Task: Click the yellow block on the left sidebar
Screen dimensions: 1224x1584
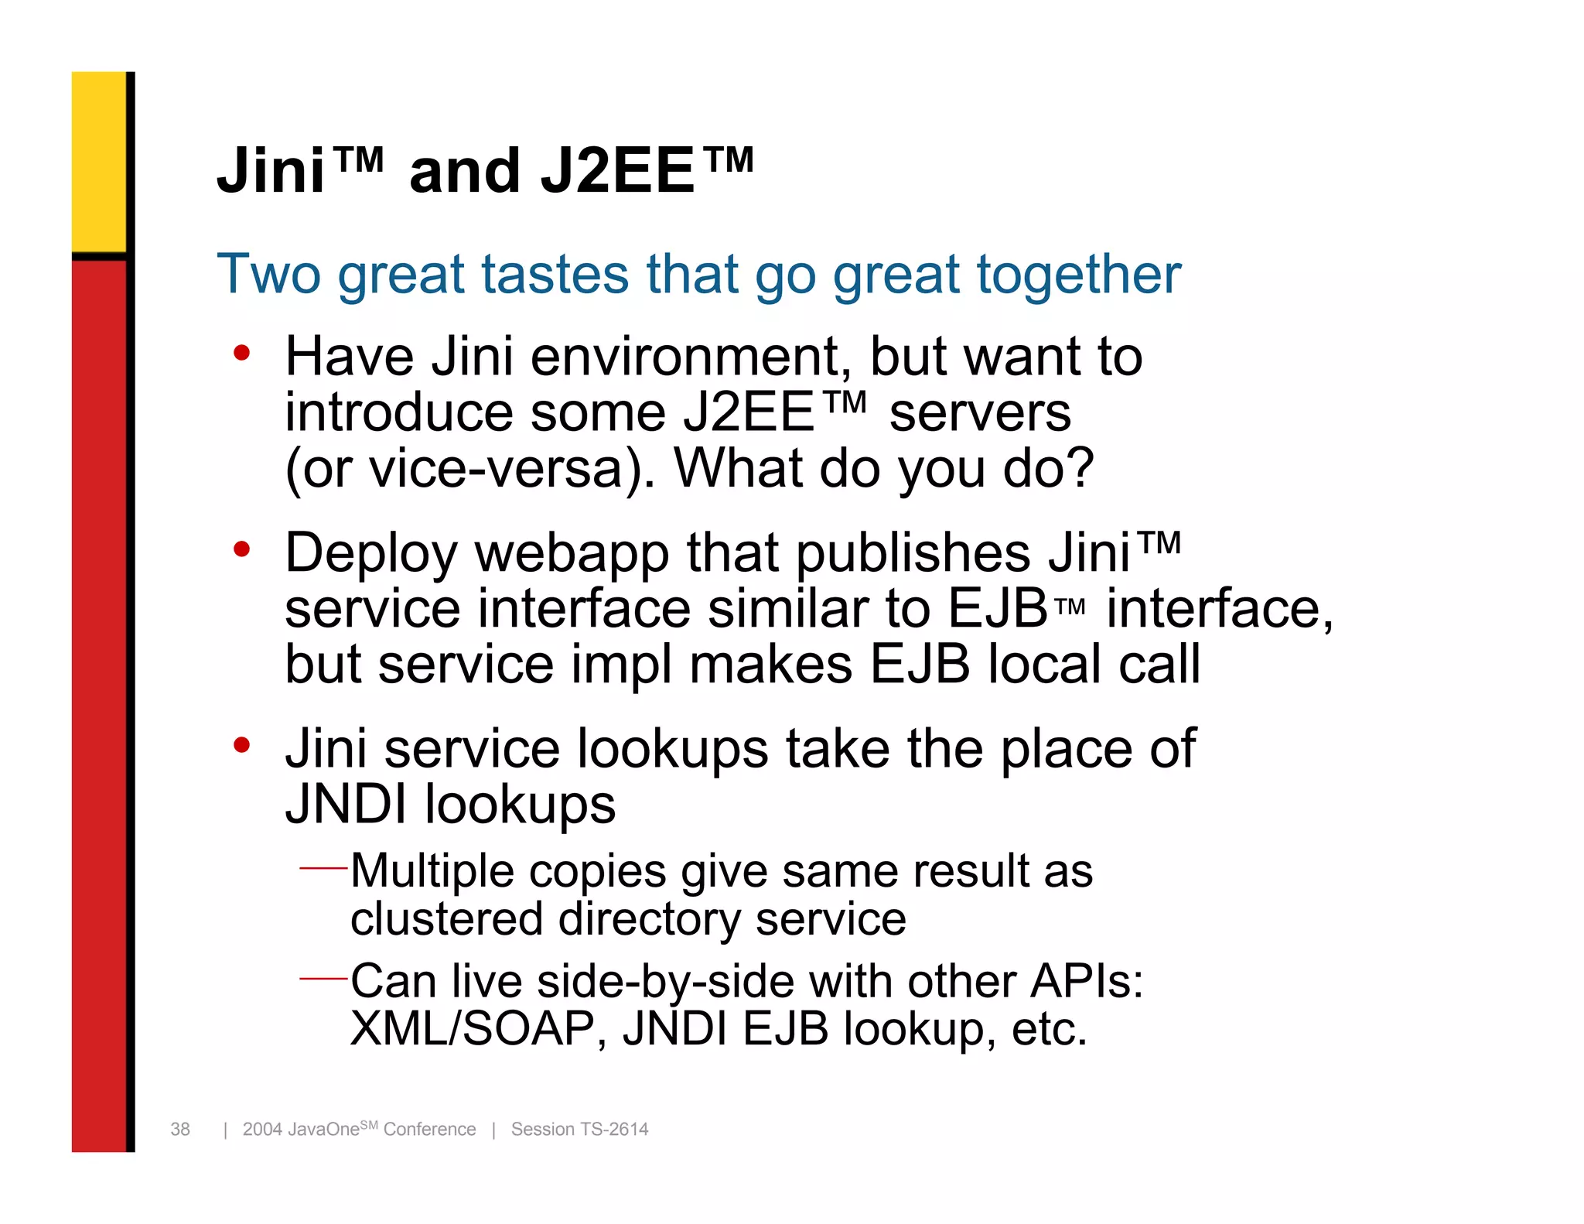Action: tap(99, 161)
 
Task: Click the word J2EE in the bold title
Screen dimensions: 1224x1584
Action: tap(617, 171)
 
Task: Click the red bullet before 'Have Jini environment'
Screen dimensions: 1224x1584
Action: tap(242, 354)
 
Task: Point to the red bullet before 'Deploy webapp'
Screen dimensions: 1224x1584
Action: tap(242, 549)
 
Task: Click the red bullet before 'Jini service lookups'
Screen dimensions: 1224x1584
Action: tap(242, 745)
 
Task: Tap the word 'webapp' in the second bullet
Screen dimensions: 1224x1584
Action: tap(572, 554)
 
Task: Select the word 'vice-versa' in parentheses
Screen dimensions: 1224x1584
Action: tap(497, 468)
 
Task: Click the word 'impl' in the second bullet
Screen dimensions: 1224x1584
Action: tap(620, 665)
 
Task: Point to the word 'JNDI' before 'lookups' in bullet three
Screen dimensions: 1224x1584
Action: tap(346, 805)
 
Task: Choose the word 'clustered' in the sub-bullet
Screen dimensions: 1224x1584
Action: tap(446, 919)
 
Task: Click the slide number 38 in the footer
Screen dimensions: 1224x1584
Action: tap(180, 1130)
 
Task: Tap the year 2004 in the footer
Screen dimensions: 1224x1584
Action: tap(262, 1130)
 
